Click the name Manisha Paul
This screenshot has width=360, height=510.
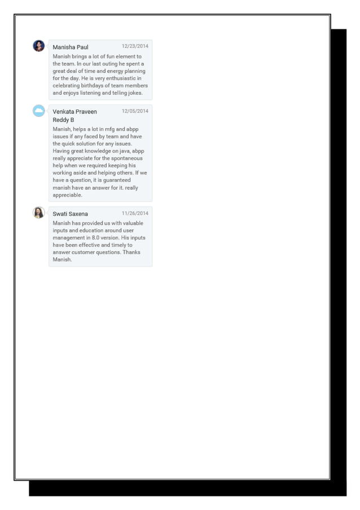click(71, 47)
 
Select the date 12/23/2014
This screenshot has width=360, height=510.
click(135, 46)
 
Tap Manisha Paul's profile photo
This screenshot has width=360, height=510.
click(39, 46)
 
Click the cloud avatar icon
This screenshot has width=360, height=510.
click(39, 111)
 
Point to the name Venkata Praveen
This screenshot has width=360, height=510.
click(74, 112)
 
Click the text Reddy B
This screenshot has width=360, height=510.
click(63, 120)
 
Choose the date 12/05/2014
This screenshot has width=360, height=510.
click(135, 111)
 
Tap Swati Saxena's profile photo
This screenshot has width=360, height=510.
click(39, 212)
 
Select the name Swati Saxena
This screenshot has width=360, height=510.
click(70, 214)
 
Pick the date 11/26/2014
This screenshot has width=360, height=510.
click(135, 213)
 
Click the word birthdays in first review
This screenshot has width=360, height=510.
click(93, 86)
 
